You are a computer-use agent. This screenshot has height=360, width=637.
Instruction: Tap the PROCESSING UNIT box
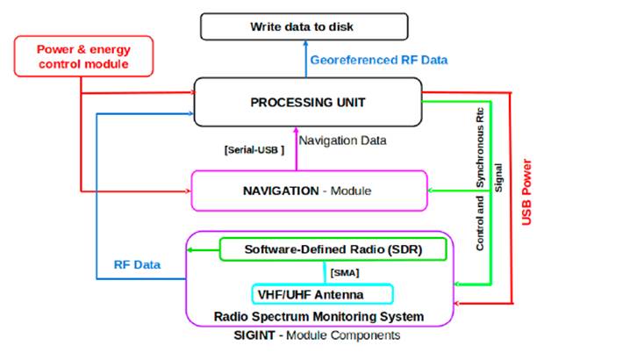307,102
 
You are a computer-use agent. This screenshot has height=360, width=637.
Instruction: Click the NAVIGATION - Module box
308,191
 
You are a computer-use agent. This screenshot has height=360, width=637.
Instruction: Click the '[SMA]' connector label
344,272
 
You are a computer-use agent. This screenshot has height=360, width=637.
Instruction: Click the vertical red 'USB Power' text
528,191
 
